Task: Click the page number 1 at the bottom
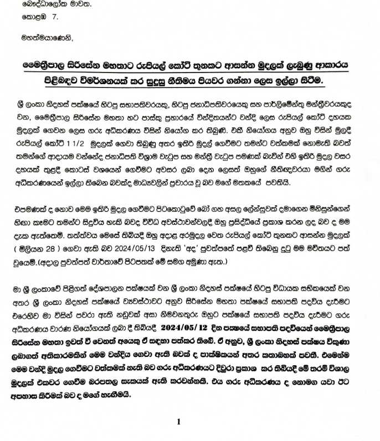point(178,422)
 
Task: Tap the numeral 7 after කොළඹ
point(54,18)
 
